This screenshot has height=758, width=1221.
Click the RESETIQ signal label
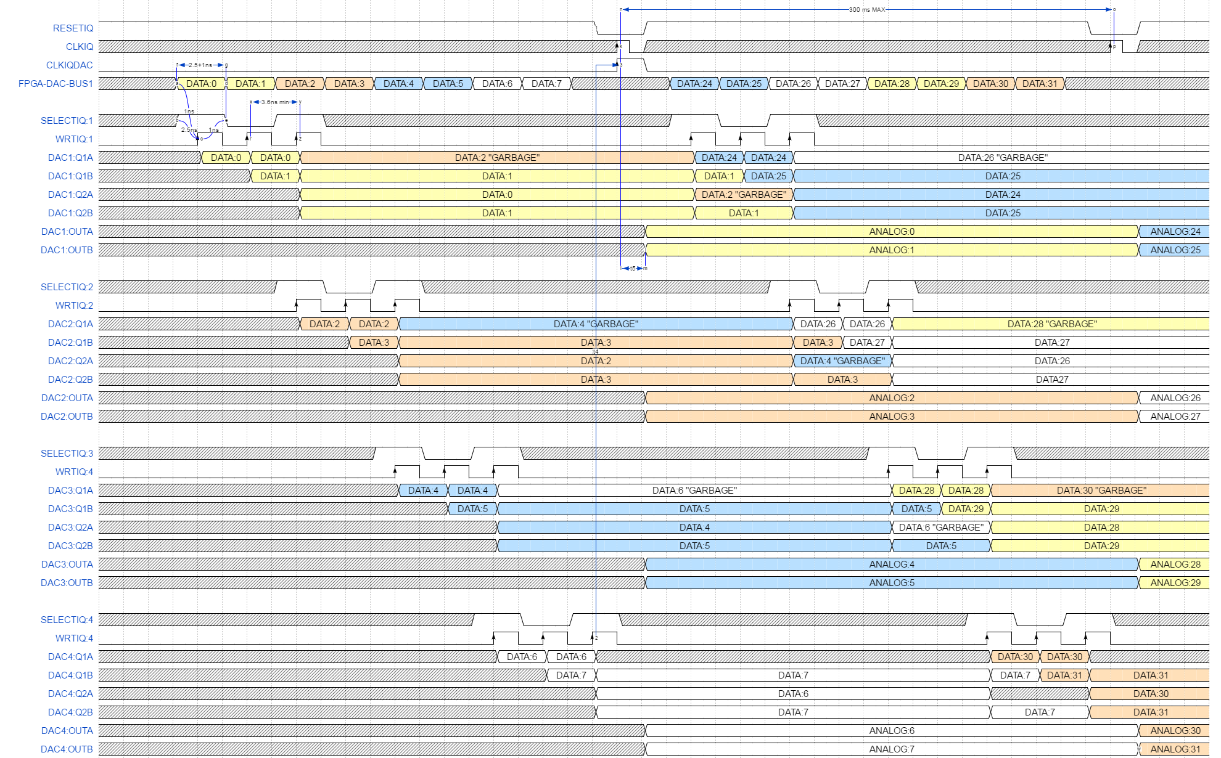pyautogui.click(x=73, y=28)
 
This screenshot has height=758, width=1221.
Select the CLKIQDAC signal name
pyautogui.click(x=69, y=65)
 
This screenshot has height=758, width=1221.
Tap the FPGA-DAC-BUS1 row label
pyautogui.click(x=55, y=84)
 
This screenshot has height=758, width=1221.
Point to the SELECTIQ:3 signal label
pyautogui.click(x=67, y=454)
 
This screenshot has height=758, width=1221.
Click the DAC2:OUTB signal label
pyautogui.click(x=67, y=417)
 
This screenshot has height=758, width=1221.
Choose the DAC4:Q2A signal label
pyautogui.click(x=70, y=694)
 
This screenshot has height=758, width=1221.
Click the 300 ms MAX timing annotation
pyautogui.click(x=866, y=10)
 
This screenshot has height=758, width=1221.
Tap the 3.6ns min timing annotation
pyautogui.click(x=275, y=102)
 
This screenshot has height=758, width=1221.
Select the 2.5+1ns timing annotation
pyautogui.click(x=201, y=65)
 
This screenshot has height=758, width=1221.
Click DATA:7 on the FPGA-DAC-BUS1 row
pyautogui.click(x=546, y=84)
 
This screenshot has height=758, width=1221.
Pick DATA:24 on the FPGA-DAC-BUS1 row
pyautogui.click(x=694, y=84)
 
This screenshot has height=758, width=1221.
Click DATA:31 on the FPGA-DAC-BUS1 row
pyautogui.click(x=1040, y=84)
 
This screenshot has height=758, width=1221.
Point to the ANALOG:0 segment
pyautogui.click(x=892, y=232)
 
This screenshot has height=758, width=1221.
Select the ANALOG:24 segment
pyautogui.click(x=1175, y=232)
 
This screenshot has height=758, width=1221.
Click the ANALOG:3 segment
pyautogui.click(x=892, y=417)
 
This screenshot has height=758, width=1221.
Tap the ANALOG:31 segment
pyautogui.click(x=1175, y=749)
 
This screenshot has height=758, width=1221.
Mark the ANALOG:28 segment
pyautogui.click(x=1175, y=564)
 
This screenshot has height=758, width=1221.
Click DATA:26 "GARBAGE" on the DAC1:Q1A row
pyautogui.click(x=1003, y=158)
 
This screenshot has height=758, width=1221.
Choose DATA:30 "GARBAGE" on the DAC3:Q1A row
pyautogui.click(x=1101, y=491)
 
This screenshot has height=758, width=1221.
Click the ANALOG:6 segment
pyautogui.click(x=892, y=731)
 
